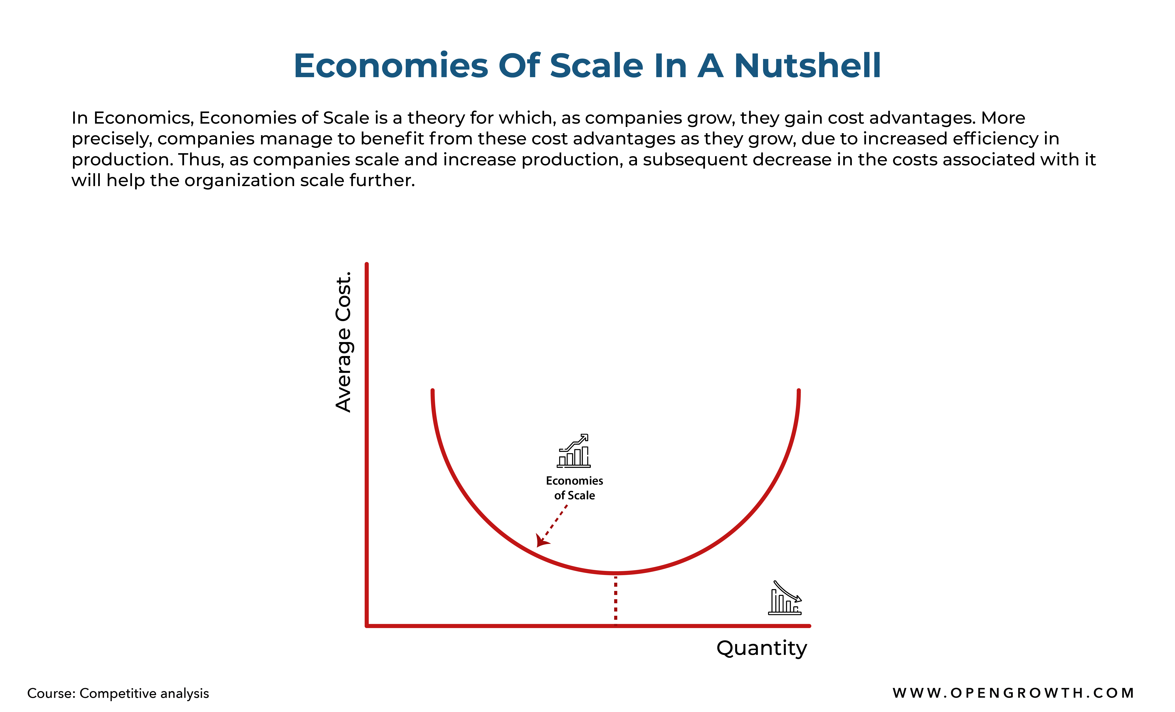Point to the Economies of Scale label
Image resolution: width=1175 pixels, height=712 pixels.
coord(575,488)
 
